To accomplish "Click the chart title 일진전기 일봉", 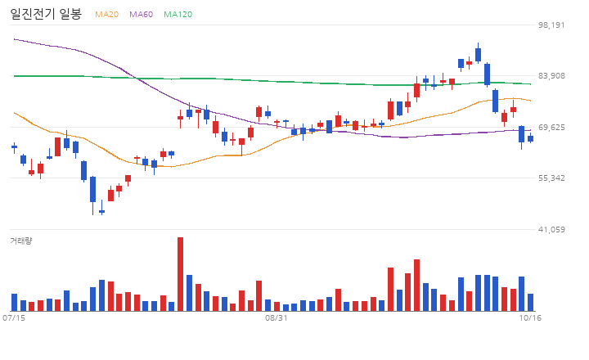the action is coord(46,14).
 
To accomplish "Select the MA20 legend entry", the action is coord(106,14).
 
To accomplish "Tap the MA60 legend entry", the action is coord(142,14).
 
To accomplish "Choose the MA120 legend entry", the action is coord(178,14).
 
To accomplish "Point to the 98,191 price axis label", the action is coord(551,25).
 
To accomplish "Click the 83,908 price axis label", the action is coord(551,76).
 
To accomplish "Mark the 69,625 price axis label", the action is coord(551,128).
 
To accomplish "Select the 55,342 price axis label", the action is coord(551,178).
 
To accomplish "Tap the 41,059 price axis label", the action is coord(551,229).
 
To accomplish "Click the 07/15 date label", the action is coord(14,318).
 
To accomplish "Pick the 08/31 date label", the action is coord(277,318).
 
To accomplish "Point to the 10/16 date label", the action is coord(530,318).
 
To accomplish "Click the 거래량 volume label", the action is coord(21,241).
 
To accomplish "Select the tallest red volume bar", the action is coord(180,274).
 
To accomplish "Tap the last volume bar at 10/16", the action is coord(530,303).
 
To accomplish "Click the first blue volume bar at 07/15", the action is coord(14,303).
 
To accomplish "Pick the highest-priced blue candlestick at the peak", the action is coord(479,55).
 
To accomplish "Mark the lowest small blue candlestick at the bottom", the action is coord(101,212).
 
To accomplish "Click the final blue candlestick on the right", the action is coord(530,138).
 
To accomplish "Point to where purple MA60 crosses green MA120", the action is coord(136,79).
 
